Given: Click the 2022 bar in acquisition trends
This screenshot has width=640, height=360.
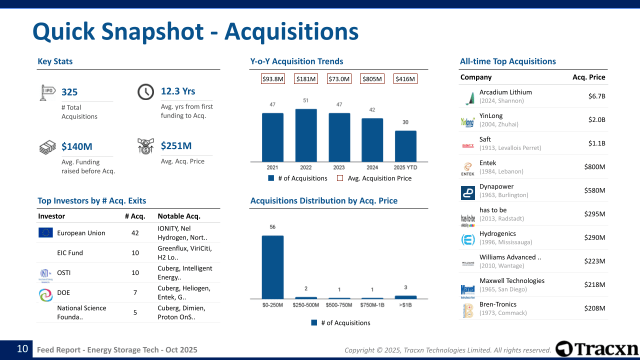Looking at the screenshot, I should click(x=306, y=135).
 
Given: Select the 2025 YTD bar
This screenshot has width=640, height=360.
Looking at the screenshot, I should click(x=405, y=146).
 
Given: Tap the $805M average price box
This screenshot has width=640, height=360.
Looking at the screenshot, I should click(x=372, y=79).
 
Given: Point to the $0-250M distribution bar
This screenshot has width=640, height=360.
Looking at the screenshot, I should click(x=272, y=267).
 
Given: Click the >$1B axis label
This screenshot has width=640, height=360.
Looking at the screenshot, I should click(x=405, y=305).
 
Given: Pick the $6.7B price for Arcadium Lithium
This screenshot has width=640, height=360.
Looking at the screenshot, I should click(x=596, y=96).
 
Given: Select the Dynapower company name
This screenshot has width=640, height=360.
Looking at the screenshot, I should click(x=496, y=186).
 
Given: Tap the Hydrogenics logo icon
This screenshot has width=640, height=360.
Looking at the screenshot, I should click(x=468, y=240).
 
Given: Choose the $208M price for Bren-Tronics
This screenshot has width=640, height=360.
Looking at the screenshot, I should click(x=594, y=308).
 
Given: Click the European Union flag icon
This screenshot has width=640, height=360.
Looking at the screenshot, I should click(x=45, y=232).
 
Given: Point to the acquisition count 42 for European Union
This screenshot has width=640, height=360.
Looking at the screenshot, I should click(x=135, y=233).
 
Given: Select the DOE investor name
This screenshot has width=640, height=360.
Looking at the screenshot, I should click(x=63, y=292).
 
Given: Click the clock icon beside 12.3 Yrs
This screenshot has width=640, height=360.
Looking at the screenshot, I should click(x=145, y=92).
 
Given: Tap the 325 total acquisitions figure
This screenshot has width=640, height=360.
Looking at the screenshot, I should click(x=69, y=92).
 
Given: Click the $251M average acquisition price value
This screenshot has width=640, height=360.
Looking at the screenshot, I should click(x=176, y=146).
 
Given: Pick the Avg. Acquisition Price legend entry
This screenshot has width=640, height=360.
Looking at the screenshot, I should click(x=374, y=178).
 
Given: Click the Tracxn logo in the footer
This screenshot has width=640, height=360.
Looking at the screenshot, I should click(x=597, y=349).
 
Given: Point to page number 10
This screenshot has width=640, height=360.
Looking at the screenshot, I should click(x=22, y=349).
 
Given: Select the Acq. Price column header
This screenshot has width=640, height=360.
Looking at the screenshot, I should click(x=588, y=77).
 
